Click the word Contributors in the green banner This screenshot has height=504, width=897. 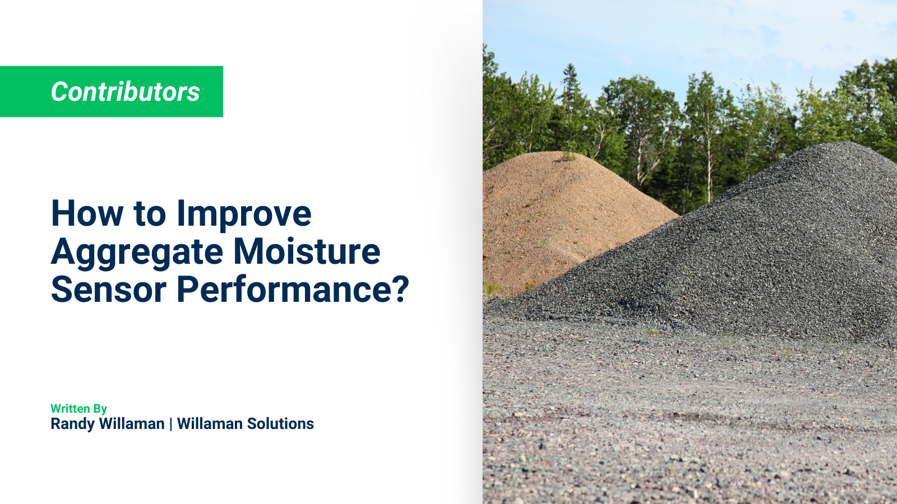(x=125, y=92)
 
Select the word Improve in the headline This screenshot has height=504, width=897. (x=244, y=214)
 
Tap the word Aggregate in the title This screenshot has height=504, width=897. (x=137, y=252)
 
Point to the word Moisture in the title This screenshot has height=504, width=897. (x=307, y=252)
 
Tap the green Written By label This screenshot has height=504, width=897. (x=78, y=409)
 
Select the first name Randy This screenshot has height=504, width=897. (x=72, y=424)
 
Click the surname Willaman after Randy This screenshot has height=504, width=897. (x=132, y=424)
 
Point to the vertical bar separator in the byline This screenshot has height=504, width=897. (x=171, y=424)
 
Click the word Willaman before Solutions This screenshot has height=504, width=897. (x=210, y=424)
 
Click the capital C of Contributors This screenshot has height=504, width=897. (x=59, y=92)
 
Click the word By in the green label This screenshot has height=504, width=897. (x=100, y=409)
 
